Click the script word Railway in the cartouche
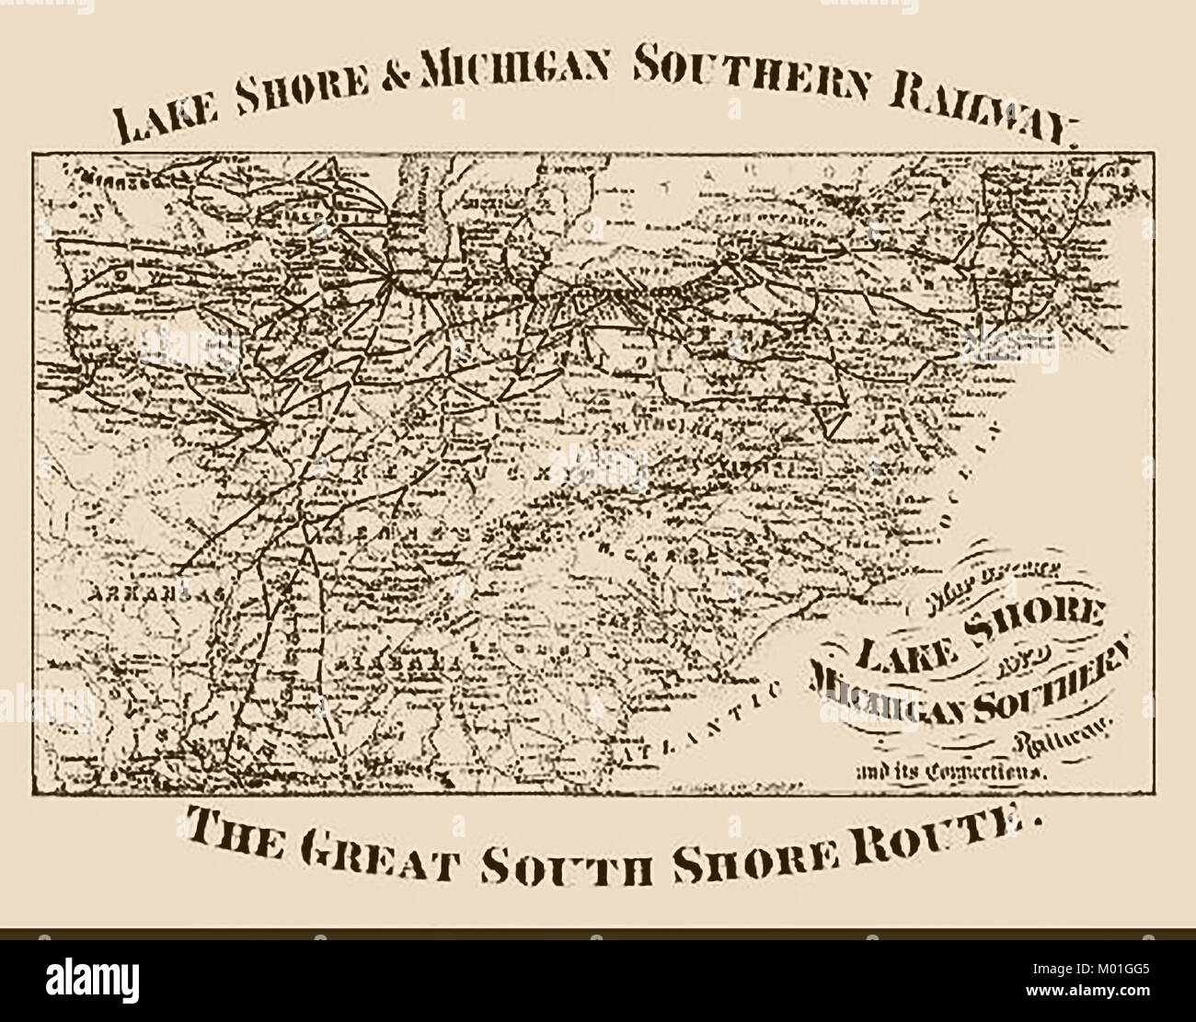(x=1058, y=735)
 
